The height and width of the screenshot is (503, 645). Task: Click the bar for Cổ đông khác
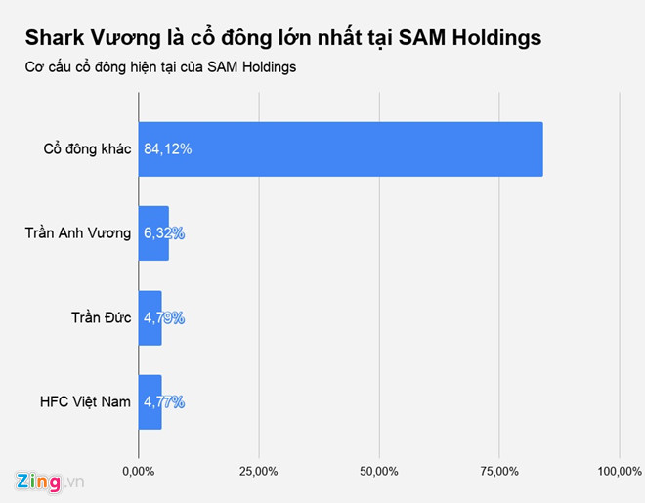click(340, 149)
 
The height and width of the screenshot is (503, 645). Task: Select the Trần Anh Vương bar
click(153, 233)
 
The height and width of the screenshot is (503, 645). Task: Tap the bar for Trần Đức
click(150, 317)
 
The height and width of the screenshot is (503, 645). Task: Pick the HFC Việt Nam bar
click(150, 401)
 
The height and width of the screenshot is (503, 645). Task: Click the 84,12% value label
click(168, 149)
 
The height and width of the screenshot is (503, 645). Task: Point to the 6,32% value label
click(164, 233)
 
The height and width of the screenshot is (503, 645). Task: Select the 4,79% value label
click(164, 317)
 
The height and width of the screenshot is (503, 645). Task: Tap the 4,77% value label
click(164, 401)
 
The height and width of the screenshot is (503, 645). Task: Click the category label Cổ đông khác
click(88, 149)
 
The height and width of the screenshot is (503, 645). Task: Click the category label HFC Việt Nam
click(86, 401)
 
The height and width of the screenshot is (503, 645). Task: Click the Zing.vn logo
click(51, 482)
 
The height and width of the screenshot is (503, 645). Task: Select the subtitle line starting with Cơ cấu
click(160, 67)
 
